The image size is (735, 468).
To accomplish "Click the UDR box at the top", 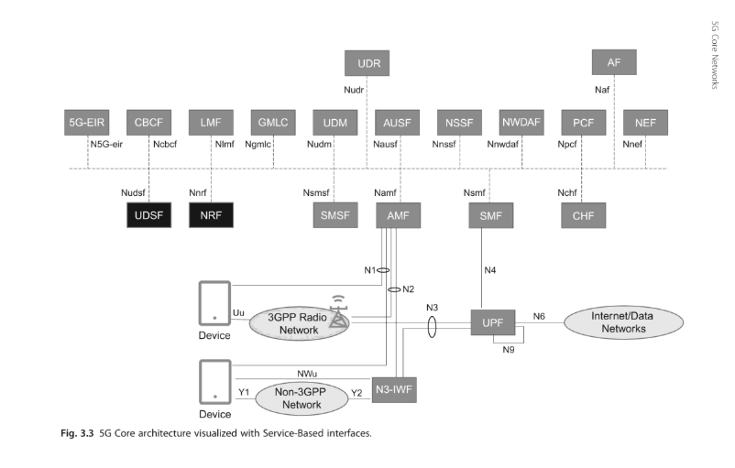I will (368, 63).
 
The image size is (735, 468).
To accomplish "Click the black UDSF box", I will (149, 216).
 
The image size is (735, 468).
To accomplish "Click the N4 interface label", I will (491, 270).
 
